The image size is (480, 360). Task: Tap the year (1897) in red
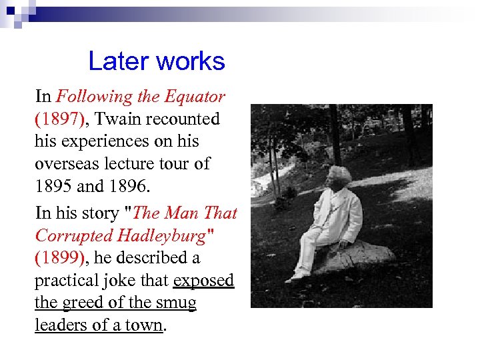tap(59, 119)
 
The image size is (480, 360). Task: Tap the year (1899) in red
tap(59, 258)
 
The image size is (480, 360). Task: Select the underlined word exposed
tap(203, 281)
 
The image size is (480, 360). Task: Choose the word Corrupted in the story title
tap(73, 235)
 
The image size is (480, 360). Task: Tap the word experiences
tap(112, 141)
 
